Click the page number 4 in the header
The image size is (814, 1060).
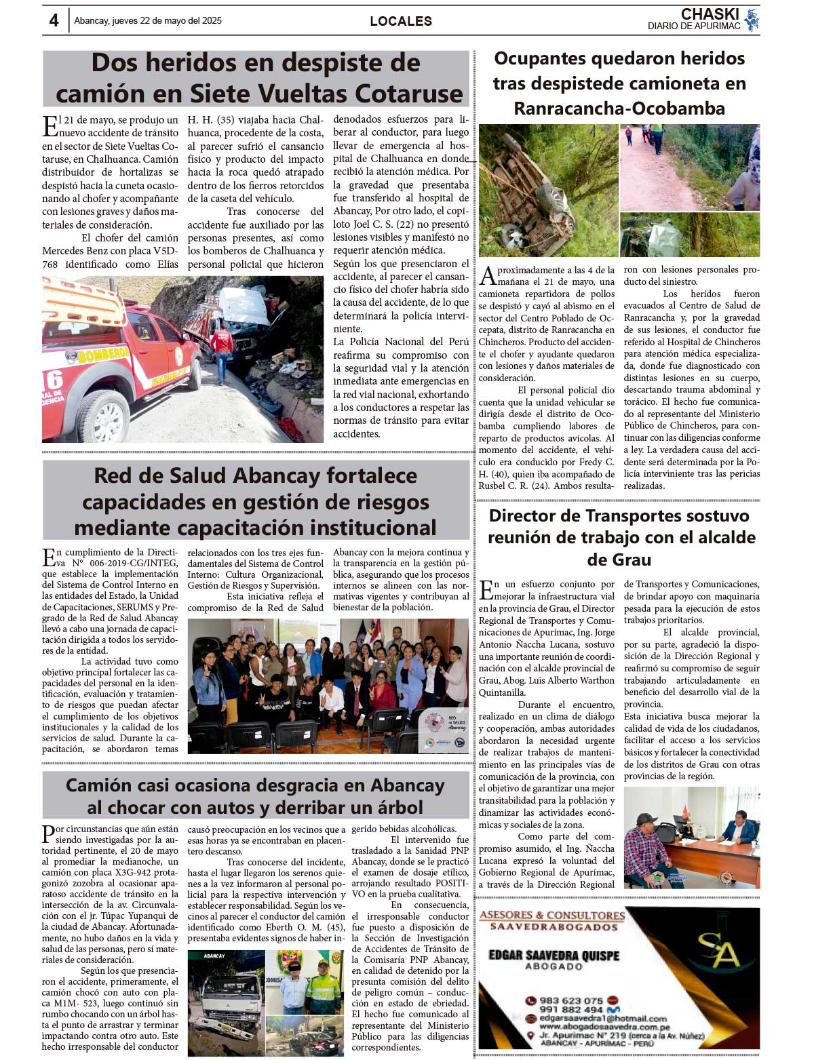54,20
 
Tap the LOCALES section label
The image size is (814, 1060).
400,21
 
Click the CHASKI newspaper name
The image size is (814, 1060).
710,14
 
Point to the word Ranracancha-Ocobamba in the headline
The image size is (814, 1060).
619,109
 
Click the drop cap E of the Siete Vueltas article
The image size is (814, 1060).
50,127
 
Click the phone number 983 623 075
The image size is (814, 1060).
570,1000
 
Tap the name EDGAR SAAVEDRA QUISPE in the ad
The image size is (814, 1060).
554,955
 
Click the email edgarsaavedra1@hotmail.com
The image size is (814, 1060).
603,1018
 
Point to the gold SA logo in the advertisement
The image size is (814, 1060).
718,949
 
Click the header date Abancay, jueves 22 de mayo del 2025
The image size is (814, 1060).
148,21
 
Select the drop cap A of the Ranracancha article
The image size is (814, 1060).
488,276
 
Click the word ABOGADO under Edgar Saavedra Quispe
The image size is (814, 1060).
554,966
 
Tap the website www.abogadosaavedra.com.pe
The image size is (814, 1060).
595,1027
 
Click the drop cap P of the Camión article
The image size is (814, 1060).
48,834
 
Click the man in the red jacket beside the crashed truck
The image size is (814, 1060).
221,348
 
